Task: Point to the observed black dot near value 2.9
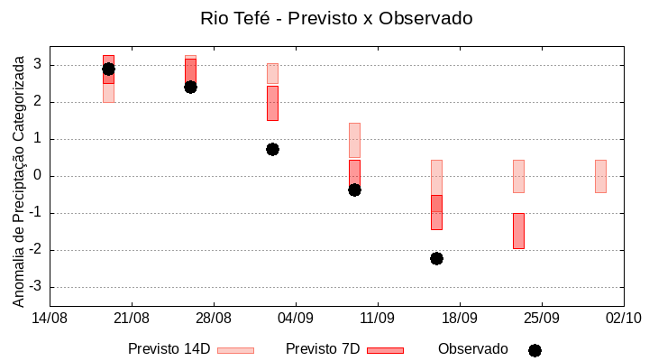[108, 69]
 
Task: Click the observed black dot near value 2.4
[190, 87]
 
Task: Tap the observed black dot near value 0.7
[272, 149]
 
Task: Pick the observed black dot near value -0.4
[354, 190]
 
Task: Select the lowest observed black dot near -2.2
[436, 258]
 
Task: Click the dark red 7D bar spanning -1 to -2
[518, 231]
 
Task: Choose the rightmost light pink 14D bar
[600, 176]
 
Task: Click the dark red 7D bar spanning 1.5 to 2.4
[272, 103]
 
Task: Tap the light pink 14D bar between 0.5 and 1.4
[354, 140]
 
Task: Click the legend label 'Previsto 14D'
[169, 349]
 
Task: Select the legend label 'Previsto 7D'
[322, 349]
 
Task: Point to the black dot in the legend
[535, 350]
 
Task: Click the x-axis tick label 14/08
[50, 318]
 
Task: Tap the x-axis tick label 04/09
[295, 318]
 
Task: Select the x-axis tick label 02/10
[622, 318]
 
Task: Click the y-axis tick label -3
[37, 287]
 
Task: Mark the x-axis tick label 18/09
[459, 318]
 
